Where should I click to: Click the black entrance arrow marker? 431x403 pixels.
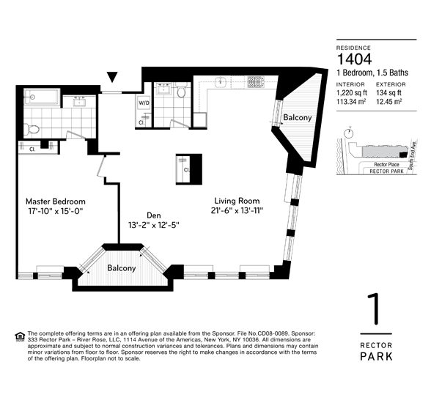point(112,77)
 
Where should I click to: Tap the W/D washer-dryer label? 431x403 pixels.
point(144,103)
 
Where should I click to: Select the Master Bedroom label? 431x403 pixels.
point(56,202)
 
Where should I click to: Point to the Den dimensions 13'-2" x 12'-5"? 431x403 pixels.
point(154,225)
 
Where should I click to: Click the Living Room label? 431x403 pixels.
point(237,201)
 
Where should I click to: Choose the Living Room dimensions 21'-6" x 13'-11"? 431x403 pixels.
point(237,211)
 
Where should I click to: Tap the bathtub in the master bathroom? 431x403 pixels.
point(42,97)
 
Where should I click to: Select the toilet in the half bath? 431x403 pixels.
point(181,91)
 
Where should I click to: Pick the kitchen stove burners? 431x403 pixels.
point(256,81)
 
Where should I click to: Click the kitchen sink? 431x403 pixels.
point(220,81)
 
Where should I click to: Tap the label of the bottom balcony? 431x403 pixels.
point(122,268)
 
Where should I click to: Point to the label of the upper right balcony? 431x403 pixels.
point(298,117)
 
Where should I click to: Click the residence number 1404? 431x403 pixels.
point(354,59)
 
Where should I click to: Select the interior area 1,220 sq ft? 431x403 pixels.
point(352,92)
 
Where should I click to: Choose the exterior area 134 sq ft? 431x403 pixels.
point(389,92)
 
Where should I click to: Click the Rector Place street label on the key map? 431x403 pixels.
point(386,164)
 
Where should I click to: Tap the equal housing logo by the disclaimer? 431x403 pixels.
point(20,336)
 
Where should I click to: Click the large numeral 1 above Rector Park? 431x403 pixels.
point(374,308)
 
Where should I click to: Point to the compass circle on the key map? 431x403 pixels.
point(349,133)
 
